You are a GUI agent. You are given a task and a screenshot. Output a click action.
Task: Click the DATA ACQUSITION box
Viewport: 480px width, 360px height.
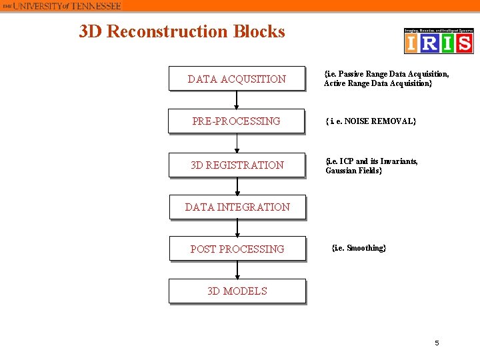pos(237,79)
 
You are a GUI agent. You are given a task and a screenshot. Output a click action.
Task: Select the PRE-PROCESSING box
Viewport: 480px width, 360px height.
pos(237,121)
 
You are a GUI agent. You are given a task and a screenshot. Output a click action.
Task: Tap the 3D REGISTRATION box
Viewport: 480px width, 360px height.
pos(237,165)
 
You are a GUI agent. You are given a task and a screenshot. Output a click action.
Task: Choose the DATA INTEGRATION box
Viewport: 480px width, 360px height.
pos(237,207)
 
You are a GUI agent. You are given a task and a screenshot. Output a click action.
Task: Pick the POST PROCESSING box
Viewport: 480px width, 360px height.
pos(237,249)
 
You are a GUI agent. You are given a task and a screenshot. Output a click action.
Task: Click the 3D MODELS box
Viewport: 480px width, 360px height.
pos(237,291)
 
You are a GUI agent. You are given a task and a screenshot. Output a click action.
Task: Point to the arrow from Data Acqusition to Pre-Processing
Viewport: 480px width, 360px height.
pos(237,100)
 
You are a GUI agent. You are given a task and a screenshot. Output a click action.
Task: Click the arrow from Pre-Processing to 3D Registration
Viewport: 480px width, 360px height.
pos(237,143)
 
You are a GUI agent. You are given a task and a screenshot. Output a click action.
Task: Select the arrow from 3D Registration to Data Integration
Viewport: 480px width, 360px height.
pos(237,186)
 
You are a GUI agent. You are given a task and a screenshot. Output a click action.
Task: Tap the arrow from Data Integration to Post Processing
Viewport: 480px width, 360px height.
pos(237,228)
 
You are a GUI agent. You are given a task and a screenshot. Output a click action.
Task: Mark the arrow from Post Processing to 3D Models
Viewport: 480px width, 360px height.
pos(237,270)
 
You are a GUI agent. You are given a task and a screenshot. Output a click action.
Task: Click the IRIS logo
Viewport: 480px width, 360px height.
pos(438,41)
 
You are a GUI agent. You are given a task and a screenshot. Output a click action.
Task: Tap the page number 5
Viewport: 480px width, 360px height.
pos(437,343)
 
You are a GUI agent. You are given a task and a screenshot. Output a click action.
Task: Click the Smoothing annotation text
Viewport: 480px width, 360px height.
pos(366,248)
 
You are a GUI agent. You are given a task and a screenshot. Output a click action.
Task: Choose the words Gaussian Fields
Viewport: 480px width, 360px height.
pos(353,171)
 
